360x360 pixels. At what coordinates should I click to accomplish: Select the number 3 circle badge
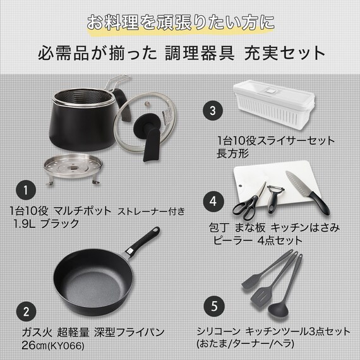213,110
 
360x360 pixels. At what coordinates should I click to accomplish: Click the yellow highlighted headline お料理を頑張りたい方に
180,23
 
